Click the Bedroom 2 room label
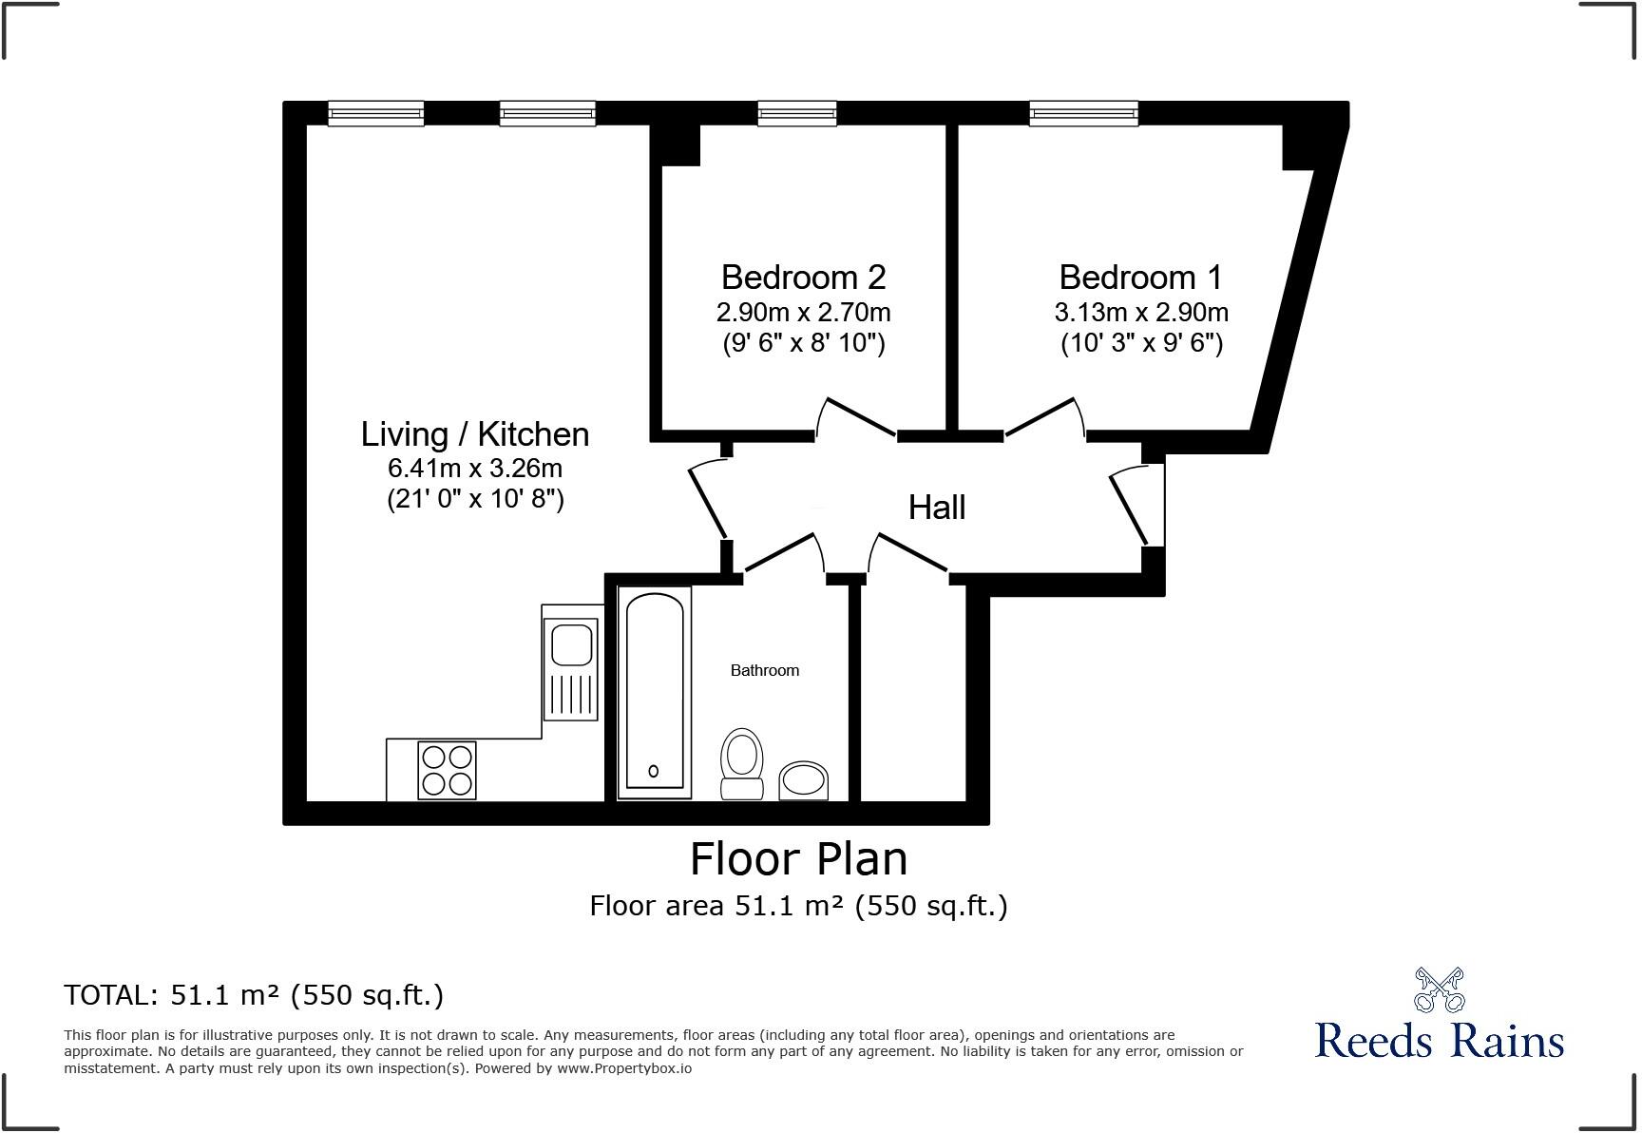coord(803,278)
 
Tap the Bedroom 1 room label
coord(1140,278)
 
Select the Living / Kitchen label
coord(475,434)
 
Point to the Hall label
coord(937,508)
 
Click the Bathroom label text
coord(764,671)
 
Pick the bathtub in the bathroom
coord(654,692)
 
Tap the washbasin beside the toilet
coord(804,780)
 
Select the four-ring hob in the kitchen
coord(447,770)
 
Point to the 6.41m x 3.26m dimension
coord(475,469)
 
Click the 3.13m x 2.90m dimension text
coord(1140,313)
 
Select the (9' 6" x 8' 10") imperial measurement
coord(803,343)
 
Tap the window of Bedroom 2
coord(796,114)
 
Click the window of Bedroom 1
coord(1083,114)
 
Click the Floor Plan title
coord(798,859)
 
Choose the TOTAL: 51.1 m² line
coord(254,995)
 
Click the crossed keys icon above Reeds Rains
coord(1439,989)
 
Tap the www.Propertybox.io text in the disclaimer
coord(623,1068)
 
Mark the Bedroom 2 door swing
coord(855,418)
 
